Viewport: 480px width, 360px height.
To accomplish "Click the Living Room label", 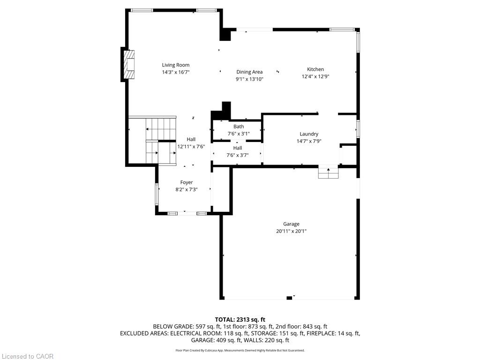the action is [x=176, y=65].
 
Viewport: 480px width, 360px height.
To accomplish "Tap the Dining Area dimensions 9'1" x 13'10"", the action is [x=249, y=79].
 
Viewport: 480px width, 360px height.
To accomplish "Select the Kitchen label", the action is [x=315, y=69].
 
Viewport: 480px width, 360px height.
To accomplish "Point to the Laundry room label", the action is [x=309, y=134].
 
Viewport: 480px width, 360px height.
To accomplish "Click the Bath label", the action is [x=239, y=127].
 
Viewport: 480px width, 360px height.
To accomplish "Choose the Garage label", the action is [x=291, y=224].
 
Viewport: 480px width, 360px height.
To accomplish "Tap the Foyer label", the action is [x=187, y=182].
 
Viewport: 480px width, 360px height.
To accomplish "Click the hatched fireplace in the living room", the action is [x=129, y=64].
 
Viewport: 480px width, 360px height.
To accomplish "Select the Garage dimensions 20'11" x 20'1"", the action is [x=291, y=231].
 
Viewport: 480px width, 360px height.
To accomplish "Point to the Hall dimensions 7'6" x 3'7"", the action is [x=238, y=155].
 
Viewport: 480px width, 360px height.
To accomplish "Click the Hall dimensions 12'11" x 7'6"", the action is [x=191, y=147].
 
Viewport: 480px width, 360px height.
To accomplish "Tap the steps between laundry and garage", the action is [x=329, y=173].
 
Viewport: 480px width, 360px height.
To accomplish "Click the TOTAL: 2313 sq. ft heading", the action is [x=240, y=320].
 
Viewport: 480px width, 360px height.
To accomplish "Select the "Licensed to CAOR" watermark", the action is [x=28, y=356].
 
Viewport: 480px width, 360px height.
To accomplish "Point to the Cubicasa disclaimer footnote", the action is [x=240, y=351].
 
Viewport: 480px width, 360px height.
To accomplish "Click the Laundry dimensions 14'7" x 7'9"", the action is [x=309, y=141].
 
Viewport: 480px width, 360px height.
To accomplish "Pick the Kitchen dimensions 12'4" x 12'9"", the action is [x=315, y=76].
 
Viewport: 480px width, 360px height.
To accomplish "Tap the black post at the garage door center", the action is [x=289, y=298].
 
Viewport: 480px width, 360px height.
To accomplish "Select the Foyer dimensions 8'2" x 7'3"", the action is [x=187, y=189].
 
